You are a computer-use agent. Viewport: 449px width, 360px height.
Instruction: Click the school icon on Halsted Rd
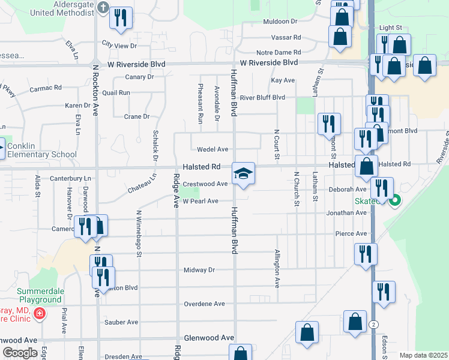click(x=243, y=174)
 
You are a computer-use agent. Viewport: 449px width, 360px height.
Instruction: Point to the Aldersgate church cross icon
click(x=103, y=8)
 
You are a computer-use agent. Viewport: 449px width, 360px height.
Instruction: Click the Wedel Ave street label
click(x=214, y=149)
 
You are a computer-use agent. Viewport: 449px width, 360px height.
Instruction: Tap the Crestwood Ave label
click(x=205, y=184)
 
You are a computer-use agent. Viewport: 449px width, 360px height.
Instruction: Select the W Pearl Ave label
click(x=200, y=201)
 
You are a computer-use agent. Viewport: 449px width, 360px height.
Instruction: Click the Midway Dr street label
click(x=199, y=270)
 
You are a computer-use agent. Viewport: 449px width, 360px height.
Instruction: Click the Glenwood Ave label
click(x=209, y=338)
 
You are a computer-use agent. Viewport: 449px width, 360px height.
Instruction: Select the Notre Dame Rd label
click(x=277, y=53)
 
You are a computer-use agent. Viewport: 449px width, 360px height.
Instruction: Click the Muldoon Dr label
click(x=280, y=22)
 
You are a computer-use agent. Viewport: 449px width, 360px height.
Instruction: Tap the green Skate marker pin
click(x=395, y=202)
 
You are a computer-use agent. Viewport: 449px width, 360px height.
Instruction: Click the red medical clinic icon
click(x=39, y=313)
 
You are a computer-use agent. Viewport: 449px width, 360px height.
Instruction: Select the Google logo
click(x=19, y=353)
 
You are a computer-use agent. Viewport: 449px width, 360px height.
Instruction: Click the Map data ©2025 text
click(x=423, y=355)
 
